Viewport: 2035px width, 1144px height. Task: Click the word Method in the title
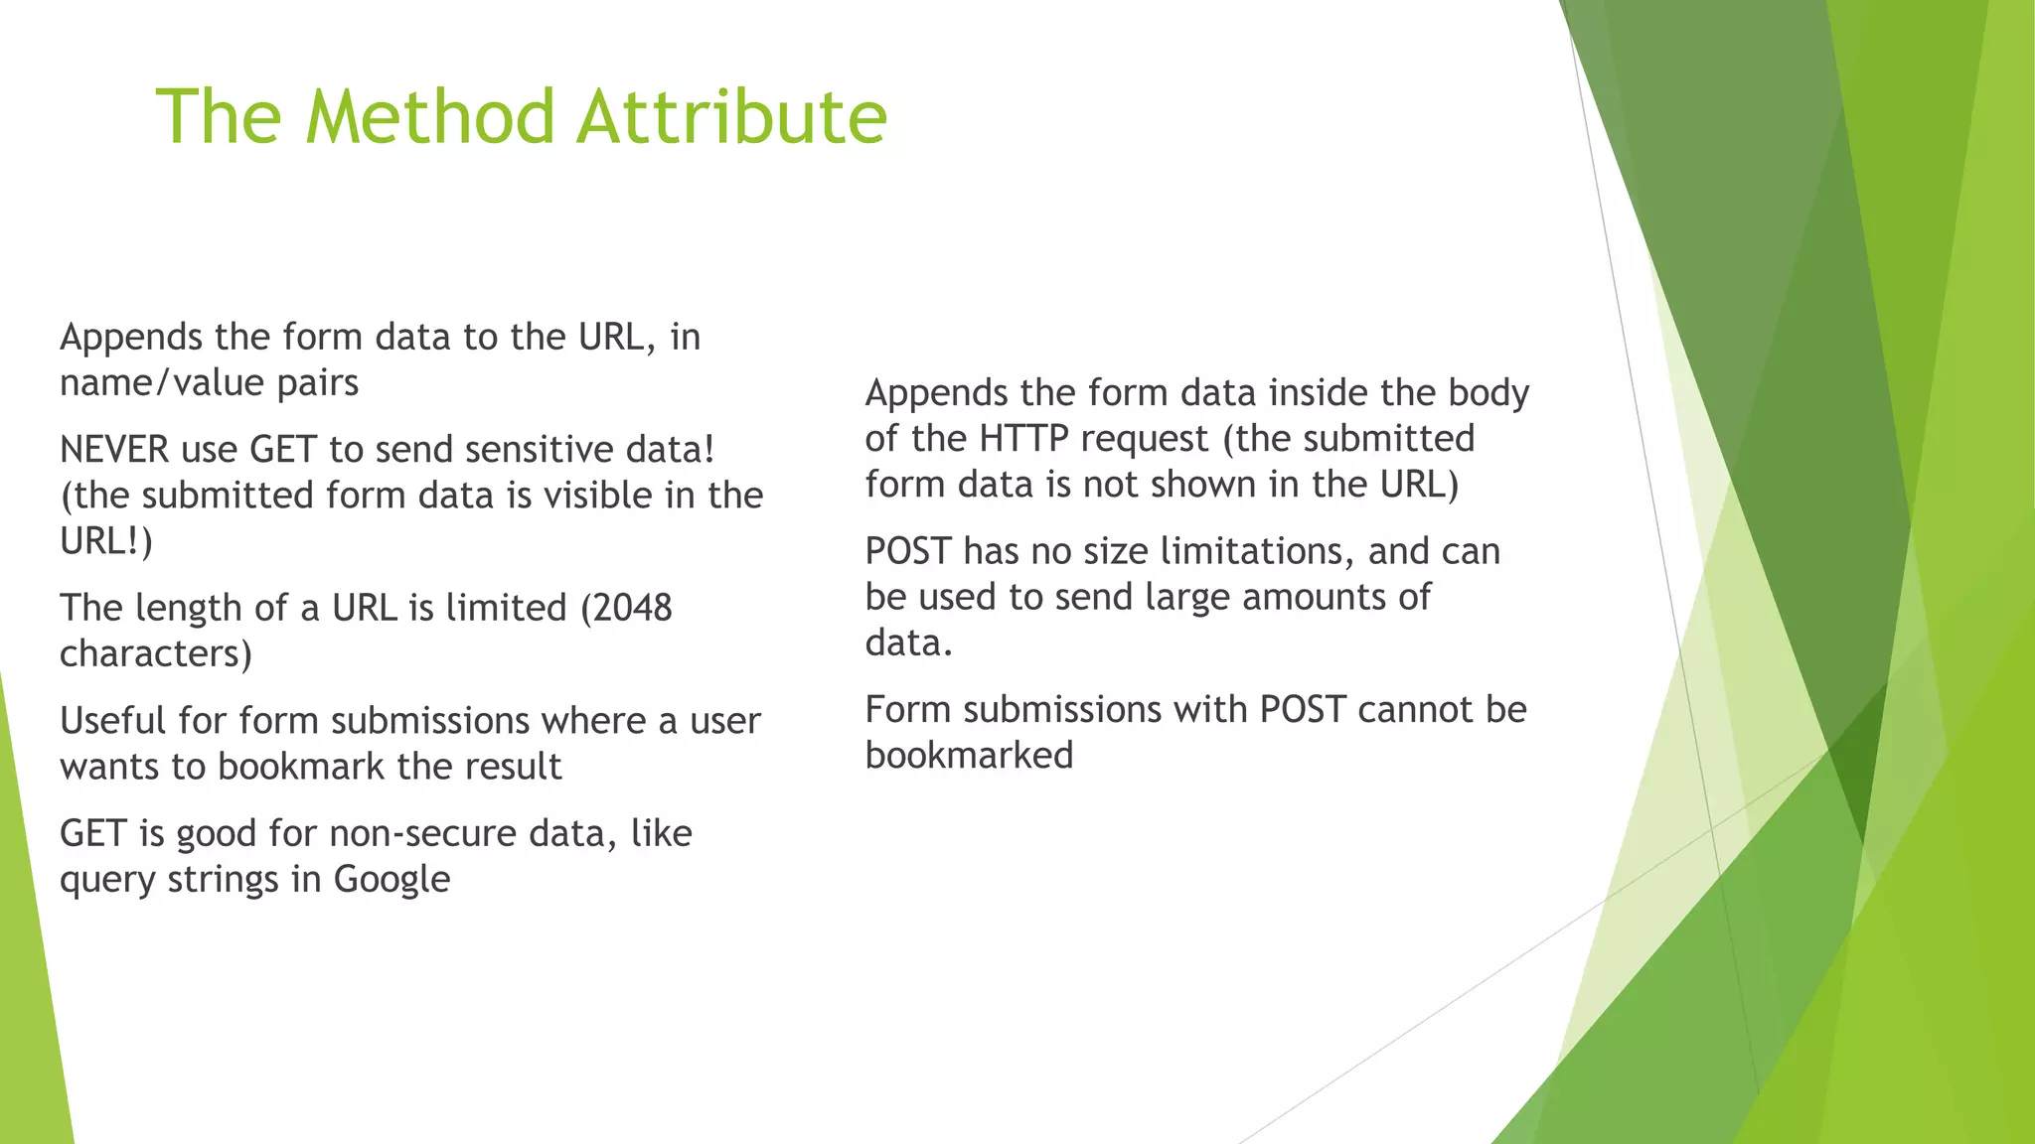[430, 116]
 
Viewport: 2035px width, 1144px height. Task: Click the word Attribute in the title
[731, 116]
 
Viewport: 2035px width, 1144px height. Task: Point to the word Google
[391, 880]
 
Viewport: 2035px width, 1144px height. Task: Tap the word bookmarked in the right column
[969, 756]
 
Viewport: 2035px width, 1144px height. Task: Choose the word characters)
[156, 654]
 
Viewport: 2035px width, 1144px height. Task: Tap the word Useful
[113, 721]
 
